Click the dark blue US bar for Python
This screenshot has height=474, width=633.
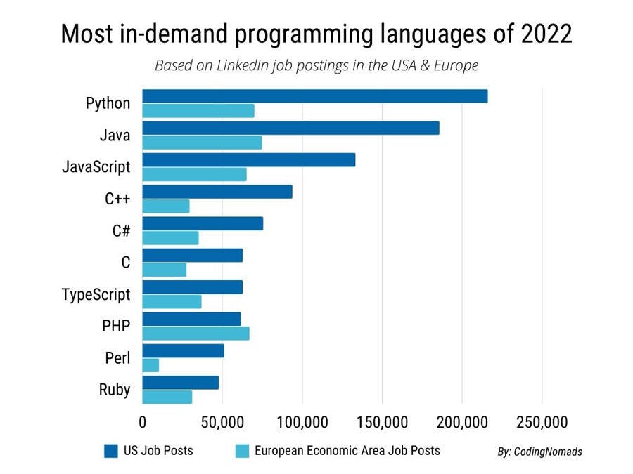pyautogui.click(x=314, y=96)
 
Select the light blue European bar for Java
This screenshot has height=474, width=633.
pyautogui.click(x=202, y=143)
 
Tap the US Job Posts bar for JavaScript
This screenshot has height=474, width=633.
pyautogui.click(x=248, y=159)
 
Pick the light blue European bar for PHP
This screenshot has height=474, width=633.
pyautogui.click(x=196, y=334)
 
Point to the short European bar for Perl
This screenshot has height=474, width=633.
pyautogui.click(x=151, y=365)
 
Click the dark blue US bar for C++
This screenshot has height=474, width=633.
pyautogui.click(x=217, y=192)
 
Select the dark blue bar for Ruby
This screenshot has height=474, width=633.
pyautogui.click(x=180, y=383)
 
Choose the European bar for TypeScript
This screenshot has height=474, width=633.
pyautogui.click(x=172, y=302)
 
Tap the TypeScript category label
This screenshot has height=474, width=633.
pyautogui.click(x=96, y=294)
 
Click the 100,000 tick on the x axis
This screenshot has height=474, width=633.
pyautogui.click(x=302, y=423)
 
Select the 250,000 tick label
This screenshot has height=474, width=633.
pyautogui.click(x=542, y=423)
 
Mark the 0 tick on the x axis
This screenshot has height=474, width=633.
pyautogui.click(x=143, y=423)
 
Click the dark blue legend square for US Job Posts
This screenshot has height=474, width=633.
pyautogui.click(x=110, y=451)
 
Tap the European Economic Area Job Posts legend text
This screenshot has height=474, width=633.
pyautogui.click(x=347, y=451)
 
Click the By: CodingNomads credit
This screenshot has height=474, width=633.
pyautogui.click(x=539, y=452)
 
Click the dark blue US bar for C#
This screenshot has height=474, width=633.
pyautogui.click(x=203, y=223)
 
